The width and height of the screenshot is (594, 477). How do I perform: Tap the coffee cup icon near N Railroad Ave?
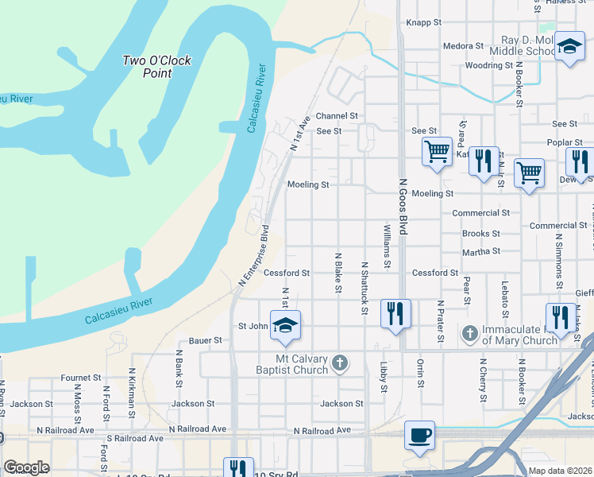pyautogui.click(x=419, y=436)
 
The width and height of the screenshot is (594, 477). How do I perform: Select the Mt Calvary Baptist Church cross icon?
pyautogui.click(x=340, y=363)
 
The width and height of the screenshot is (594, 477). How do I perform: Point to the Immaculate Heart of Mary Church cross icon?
pyautogui.click(x=469, y=333)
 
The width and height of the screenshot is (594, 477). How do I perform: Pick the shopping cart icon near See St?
pyautogui.click(x=436, y=150)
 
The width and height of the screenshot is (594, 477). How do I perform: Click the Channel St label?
pyautogui.click(x=337, y=116)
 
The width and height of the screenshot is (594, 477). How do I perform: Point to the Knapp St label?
pyautogui.click(x=423, y=23)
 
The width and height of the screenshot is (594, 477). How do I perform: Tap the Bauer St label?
pyautogui.click(x=193, y=340)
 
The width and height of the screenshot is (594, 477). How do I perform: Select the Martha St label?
pyautogui.click(x=481, y=251)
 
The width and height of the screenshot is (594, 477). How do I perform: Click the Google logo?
pyautogui.click(x=26, y=467)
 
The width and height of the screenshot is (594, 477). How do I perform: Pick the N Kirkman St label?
pyautogui.click(x=132, y=387)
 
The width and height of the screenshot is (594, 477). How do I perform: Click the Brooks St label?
pyautogui.click(x=481, y=234)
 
